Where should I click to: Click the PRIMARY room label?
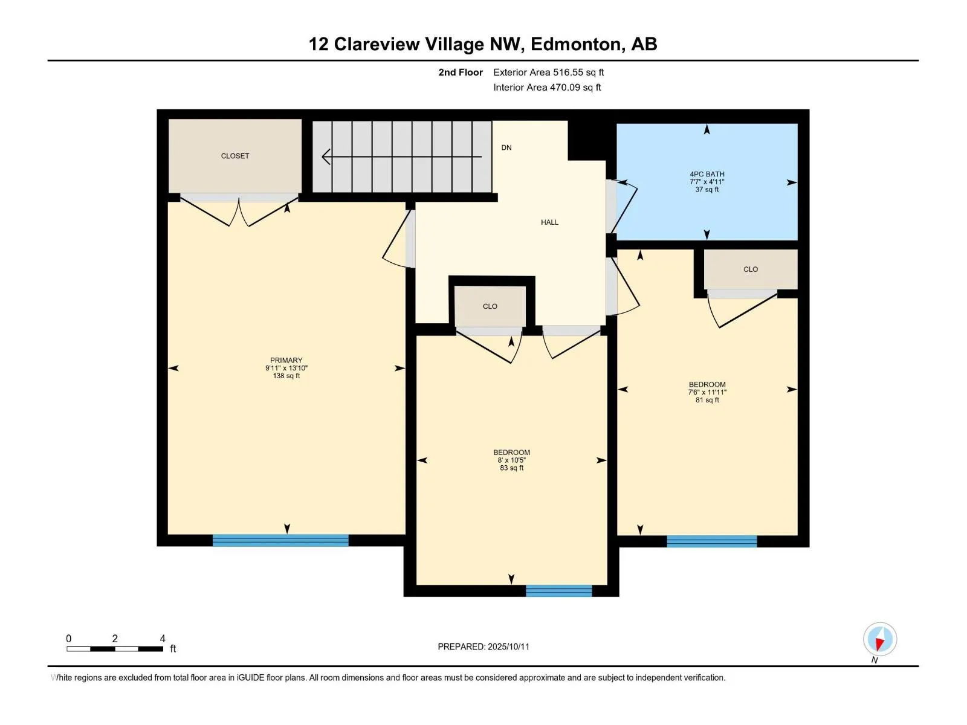[286, 360]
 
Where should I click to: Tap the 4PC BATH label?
[707, 175]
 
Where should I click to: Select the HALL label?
[549, 222]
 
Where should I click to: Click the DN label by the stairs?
[506, 147]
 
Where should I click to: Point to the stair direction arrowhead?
[326, 156]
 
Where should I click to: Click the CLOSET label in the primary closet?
[235, 156]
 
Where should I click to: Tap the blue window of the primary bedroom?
[280, 540]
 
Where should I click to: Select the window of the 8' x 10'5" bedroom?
[558, 590]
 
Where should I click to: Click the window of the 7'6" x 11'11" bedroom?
[711, 541]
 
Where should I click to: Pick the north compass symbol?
[879, 639]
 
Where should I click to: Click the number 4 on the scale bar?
[163, 638]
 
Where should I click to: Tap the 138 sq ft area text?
[286, 376]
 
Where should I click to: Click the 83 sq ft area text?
[511, 468]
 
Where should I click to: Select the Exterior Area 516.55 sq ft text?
[549, 72]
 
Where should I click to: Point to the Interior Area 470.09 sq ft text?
[547, 87]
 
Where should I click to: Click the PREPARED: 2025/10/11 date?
[483, 646]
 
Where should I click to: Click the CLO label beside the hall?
[490, 306]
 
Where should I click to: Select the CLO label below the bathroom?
[750, 269]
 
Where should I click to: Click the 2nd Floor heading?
[461, 72]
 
